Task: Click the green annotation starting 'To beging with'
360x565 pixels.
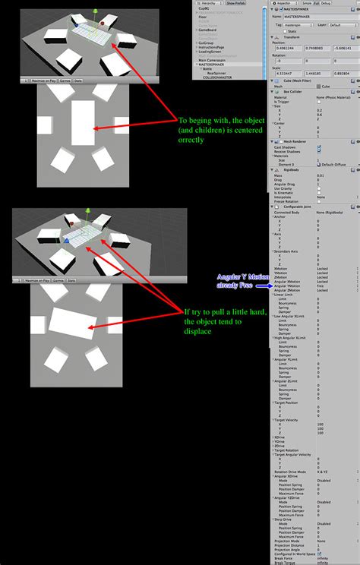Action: point(217,129)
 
